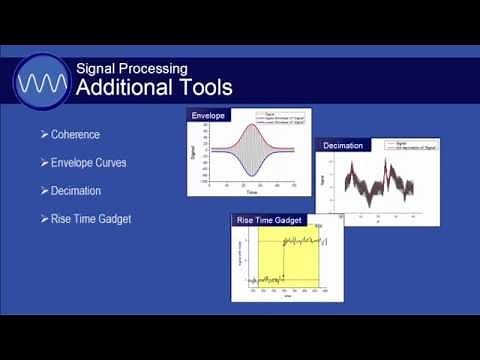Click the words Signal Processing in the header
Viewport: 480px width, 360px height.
[132, 68]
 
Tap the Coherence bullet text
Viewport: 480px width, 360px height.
[75, 134]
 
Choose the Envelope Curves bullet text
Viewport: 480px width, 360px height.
[89, 162]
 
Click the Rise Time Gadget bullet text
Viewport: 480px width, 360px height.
[91, 219]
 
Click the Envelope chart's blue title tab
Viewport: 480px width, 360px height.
[210, 115]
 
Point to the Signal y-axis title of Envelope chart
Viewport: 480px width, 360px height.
[193, 153]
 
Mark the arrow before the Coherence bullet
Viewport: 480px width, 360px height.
[44, 134]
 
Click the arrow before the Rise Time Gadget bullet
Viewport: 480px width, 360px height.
[44, 219]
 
